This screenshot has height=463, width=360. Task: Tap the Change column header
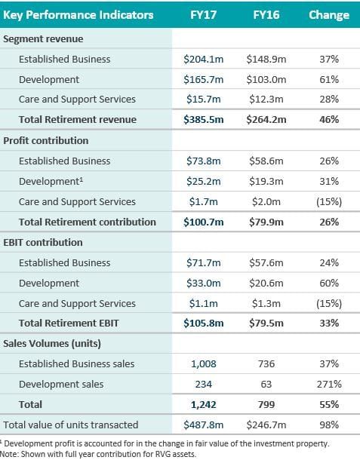point(329,15)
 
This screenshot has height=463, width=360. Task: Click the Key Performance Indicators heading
point(79,15)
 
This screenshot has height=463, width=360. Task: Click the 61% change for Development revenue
point(329,79)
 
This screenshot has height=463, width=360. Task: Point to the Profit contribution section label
point(47,140)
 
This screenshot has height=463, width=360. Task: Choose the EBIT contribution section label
point(44,242)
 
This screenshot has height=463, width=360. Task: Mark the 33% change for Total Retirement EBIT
point(329,323)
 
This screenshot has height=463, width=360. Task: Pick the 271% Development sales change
point(329,384)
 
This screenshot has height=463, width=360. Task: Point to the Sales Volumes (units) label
point(53,344)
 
